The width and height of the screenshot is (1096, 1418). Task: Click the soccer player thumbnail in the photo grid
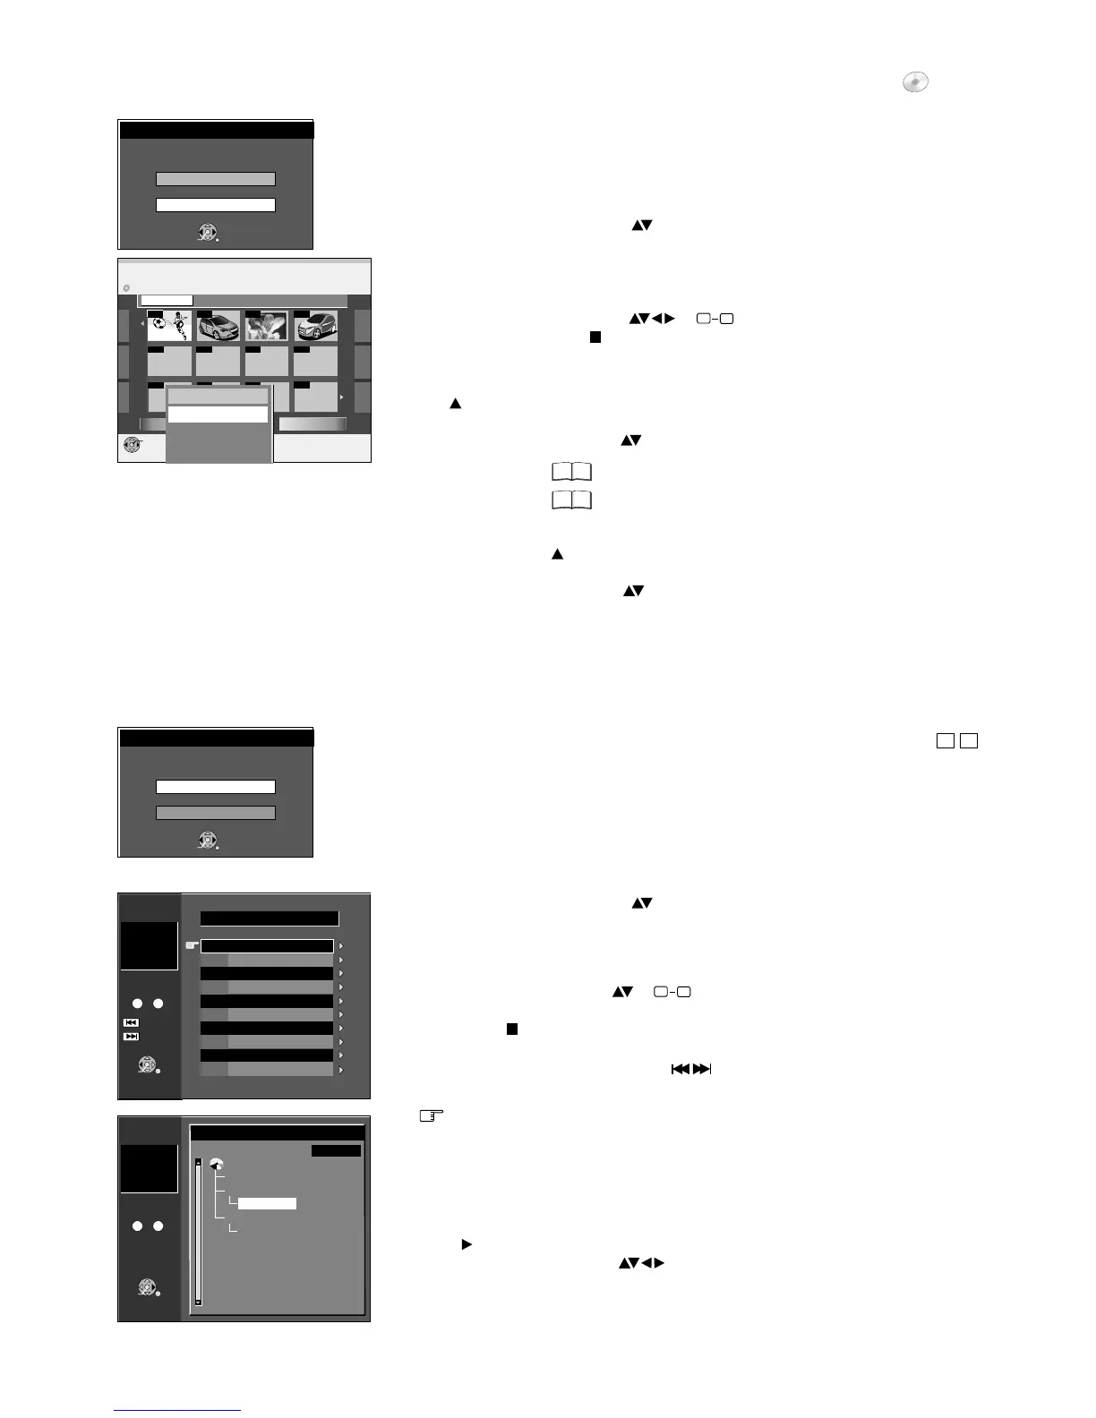(x=169, y=327)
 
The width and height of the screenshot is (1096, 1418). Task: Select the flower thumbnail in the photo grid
(x=267, y=327)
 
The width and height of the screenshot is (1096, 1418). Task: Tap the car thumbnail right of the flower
(x=315, y=327)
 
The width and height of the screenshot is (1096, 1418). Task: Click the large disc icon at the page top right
(x=914, y=83)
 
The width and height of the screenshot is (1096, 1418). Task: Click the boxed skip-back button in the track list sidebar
(x=131, y=1022)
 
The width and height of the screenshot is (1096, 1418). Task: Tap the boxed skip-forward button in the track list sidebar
(x=131, y=1037)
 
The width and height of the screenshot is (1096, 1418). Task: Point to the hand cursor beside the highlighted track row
(x=191, y=945)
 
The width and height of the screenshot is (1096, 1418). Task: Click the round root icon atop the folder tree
(x=216, y=1164)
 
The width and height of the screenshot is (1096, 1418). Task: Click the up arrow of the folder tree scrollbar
(x=199, y=1163)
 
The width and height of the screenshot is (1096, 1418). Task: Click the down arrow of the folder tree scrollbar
(x=199, y=1302)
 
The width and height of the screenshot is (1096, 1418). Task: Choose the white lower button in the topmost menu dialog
(x=216, y=205)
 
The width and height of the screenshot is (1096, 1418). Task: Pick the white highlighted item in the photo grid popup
(x=218, y=414)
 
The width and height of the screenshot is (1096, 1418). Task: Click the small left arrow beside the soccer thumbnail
(x=141, y=322)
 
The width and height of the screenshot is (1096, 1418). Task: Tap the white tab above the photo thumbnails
(x=167, y=301)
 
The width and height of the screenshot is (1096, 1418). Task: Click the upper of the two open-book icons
(x=571, y=472)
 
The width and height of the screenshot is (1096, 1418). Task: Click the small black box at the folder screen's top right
(x=336, y=1150)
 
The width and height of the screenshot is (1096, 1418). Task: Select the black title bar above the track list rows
(x=270, y=918)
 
